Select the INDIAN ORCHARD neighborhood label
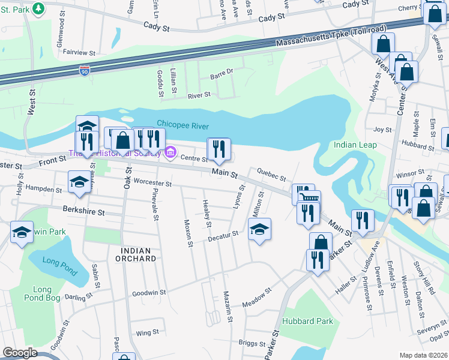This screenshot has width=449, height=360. point(138,259)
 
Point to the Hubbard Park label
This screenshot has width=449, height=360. point(307,321)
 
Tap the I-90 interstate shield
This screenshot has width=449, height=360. point(85,71)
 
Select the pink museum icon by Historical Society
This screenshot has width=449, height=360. point(170,153)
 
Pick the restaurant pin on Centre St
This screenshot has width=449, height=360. point(218,149)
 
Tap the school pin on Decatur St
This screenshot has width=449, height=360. point(259,229)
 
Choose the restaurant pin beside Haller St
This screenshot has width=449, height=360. point(316,260)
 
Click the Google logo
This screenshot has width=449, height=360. point(20,353)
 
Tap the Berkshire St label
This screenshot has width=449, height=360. point(84,212)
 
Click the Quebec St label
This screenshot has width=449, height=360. point(271,175)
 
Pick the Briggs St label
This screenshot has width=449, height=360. point(252,344)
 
